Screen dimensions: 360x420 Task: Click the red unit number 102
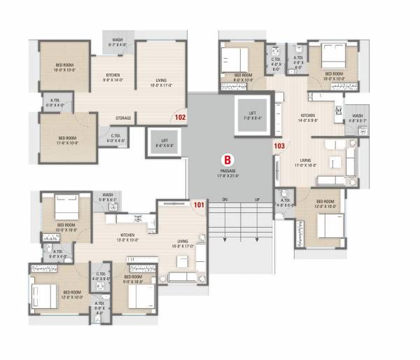click(181, 118)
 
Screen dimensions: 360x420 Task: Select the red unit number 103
click(279, 146)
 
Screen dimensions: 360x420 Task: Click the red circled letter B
click(227, 158)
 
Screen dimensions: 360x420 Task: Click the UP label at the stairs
click(258, 200)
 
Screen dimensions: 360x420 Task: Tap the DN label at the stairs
click(225, 200)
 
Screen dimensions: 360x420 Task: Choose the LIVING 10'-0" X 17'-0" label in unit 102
click(162, 83)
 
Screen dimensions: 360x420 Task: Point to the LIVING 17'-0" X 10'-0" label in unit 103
click(306, 162)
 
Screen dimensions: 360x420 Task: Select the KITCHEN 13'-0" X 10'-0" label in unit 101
click(127, 237)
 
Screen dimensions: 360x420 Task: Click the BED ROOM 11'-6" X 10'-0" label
click(67, 140)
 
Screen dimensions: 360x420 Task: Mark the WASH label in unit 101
click(108, 196)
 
